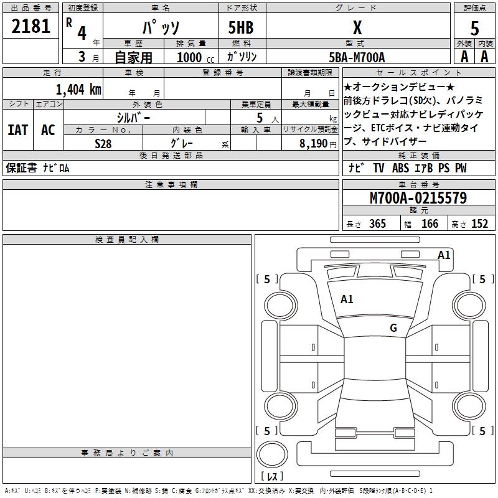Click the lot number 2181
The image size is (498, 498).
coord(31,27)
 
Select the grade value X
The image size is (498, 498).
coord(357,27)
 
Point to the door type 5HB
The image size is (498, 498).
coord(241,27)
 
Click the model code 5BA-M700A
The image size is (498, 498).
coord(357,57)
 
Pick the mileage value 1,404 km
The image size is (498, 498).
coord(78,89)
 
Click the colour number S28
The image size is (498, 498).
coord(103,143)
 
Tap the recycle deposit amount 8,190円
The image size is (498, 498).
coord(318,143)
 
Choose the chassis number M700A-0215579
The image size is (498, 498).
coord(418,198)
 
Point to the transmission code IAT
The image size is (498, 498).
coord(17,130)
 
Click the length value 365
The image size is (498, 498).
coord(377,224)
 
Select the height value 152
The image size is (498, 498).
coord(479,224)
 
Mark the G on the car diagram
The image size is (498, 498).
coord(393,328)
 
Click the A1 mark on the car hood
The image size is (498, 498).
coord(347,299)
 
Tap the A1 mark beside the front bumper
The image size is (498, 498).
coord(444,255)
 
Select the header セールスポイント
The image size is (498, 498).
coord(418,73)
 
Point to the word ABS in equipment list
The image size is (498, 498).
coord(400,168)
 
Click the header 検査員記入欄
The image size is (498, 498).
coord(127,240)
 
